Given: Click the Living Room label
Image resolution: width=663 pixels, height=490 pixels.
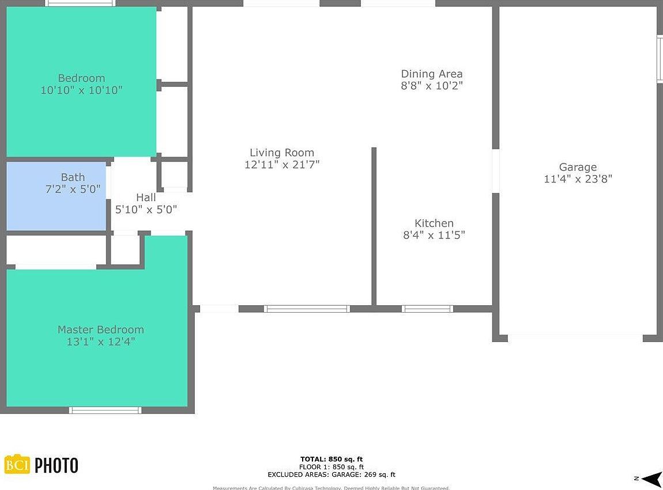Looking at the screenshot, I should tap(281, 153).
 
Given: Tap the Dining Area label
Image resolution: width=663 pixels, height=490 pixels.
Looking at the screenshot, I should tap(431, 74).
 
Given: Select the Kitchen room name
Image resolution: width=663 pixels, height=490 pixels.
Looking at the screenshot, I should tap(434, 223).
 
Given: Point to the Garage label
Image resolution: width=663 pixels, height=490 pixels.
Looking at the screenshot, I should tap(578, 167).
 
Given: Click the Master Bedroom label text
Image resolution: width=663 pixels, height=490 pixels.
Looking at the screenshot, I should tap(100, 329).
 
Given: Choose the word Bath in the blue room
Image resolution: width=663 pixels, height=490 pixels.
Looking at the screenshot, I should tap(73, 177).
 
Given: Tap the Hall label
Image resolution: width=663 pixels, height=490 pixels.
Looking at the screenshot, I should tap(146, 197).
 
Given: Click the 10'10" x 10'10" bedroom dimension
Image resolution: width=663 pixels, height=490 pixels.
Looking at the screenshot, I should tap(81, 90).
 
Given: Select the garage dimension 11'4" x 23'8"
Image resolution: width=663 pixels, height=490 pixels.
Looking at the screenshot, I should tap(578, 179).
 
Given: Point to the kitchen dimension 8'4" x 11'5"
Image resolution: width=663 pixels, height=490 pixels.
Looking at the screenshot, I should tap(434, 235).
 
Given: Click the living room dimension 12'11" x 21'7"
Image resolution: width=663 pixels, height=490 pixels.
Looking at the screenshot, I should tap(281, 165).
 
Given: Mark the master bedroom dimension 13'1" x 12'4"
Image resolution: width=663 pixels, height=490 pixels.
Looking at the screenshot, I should tap(100, 341).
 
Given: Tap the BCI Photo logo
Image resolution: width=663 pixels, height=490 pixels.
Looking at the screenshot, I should tap(41, 465).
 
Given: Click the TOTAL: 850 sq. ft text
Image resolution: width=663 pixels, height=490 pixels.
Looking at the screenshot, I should tap(331, 459).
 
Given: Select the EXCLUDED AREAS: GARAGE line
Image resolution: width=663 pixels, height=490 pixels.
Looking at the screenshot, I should tap(331, 474).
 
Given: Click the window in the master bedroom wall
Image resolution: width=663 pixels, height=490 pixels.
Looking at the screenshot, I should tap(105, 410).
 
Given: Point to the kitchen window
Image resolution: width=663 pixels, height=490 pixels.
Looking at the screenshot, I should tap(427, 309).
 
